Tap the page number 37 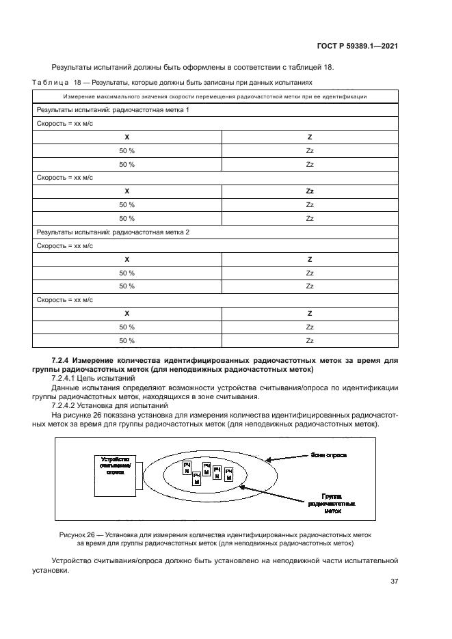pos(394,582)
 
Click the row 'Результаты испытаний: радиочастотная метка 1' pos(113,110)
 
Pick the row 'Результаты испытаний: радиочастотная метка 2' pos(113,232)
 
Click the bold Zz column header pos(310,191)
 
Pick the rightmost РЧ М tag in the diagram pos(229,474)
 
